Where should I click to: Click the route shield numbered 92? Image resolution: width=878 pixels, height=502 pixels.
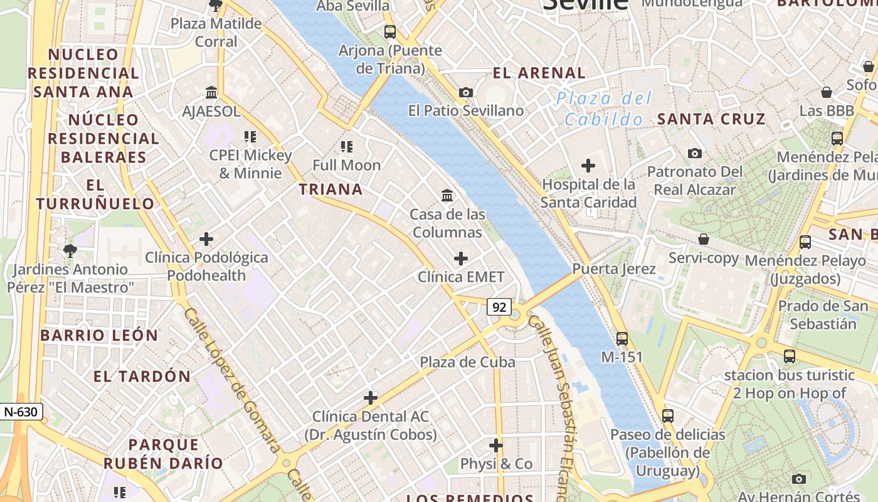click(x=499, y=307)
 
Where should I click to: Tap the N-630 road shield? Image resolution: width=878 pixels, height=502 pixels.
click(x=21, y=412)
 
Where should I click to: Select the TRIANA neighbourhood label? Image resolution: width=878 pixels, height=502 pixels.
click(x=331, y=189)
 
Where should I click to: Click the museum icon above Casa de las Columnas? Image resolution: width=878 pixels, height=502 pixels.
click(x=447, y=196)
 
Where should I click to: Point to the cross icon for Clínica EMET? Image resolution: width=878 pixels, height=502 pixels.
click(x=461, y=258)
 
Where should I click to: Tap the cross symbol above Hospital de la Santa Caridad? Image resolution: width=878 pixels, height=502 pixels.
click(x=588, y=166)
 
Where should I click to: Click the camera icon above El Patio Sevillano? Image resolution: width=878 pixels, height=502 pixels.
click(x=465, y=92)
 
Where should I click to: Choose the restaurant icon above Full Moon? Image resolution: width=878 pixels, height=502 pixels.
click(x=346, y=147)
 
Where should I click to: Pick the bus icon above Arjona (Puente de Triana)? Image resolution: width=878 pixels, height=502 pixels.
click(x=390, y=31)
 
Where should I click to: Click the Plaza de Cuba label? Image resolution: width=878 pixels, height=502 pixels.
click(x=467, y=362)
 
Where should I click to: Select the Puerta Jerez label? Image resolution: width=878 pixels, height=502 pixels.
click(x=614, y=269)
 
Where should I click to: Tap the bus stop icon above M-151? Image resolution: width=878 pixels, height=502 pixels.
click(x=622, y=338)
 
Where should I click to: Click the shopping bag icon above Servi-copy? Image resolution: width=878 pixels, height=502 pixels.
click(x=704, y=239)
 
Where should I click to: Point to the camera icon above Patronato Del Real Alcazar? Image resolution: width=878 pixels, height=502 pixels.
click(x=694, y=153)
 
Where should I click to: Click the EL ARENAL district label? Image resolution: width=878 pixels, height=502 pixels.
click(x=539, y=73)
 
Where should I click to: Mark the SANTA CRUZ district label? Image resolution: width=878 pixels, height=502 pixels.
click(x=711, y=119)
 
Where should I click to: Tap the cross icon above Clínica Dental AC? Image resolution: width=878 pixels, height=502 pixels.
click(x=371, y=397)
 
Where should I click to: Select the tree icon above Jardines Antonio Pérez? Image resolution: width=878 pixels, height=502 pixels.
click(x=70, y=251)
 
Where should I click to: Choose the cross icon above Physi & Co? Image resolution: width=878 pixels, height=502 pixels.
click(x=496, y=446)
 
